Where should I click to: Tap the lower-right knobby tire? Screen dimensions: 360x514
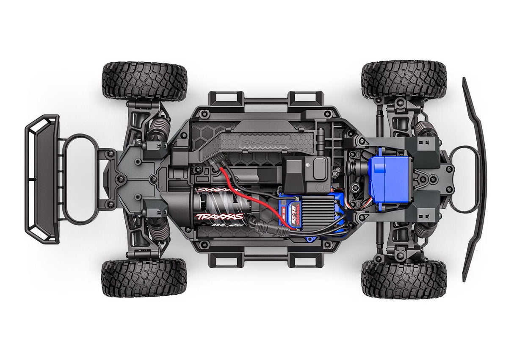click(403, 278)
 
